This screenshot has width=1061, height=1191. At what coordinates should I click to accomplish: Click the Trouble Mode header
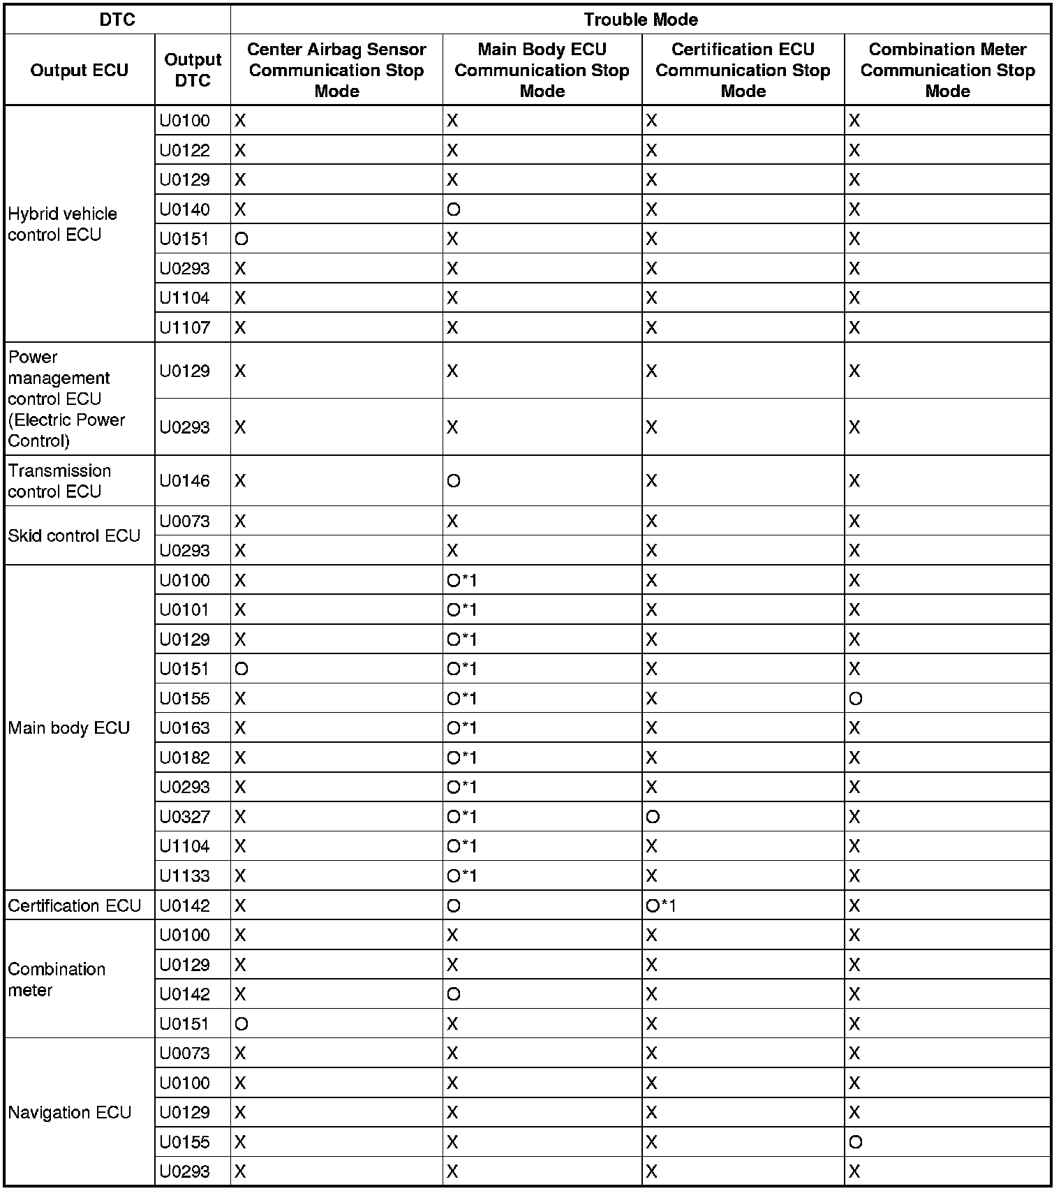pos(640,20)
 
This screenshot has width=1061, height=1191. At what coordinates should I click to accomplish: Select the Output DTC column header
pos(193,70)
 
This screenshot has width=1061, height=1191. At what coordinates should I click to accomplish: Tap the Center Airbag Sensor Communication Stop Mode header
pos(336,70)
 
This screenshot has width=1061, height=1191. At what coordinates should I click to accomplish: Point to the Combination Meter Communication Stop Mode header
pos(947,70)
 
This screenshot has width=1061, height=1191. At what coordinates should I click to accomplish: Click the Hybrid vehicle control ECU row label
pos(62,224)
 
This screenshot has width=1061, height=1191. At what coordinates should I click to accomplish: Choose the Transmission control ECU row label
pos(59,481)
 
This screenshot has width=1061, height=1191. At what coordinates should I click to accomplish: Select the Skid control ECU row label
pos(74,536)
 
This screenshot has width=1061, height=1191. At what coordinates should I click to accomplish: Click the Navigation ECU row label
pos(69,1113)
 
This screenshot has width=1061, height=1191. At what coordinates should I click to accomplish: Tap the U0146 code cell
pos(184,481)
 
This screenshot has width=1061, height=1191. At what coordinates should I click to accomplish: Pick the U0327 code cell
pos(184,817)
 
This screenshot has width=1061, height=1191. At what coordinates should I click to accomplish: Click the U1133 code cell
pos(184,876)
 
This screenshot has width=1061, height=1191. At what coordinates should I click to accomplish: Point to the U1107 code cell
pos(184,327)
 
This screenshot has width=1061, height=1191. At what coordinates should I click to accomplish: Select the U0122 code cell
pos(184,151)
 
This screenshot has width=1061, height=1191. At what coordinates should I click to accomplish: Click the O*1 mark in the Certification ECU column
pos(660,906)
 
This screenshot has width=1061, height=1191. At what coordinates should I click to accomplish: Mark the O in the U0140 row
pos(454,210)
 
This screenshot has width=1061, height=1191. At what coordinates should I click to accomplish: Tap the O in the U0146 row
pos(454,482)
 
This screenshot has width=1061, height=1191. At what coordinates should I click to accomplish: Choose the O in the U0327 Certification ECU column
pos(653,817)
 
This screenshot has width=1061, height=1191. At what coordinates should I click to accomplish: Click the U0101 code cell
pos(184,610)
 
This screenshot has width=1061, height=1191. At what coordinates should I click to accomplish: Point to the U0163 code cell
pos(184,728)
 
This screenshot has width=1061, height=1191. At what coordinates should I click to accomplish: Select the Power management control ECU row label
pos(66,399)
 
